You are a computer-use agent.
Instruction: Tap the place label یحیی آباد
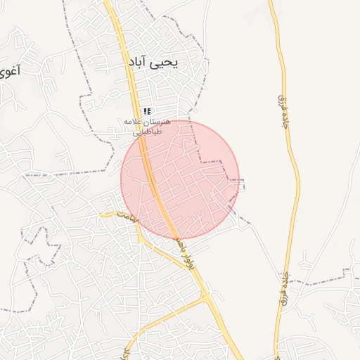153,63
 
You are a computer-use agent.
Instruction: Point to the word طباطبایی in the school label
148,131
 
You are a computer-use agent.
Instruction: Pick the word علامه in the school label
133,122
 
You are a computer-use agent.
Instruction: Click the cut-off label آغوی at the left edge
8,70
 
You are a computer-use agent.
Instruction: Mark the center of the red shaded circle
180,179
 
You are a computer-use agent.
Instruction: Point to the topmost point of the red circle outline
180,120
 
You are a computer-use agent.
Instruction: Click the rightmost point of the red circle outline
239,179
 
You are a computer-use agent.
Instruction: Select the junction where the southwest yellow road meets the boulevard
207,295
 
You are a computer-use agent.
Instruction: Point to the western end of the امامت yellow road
100,213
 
